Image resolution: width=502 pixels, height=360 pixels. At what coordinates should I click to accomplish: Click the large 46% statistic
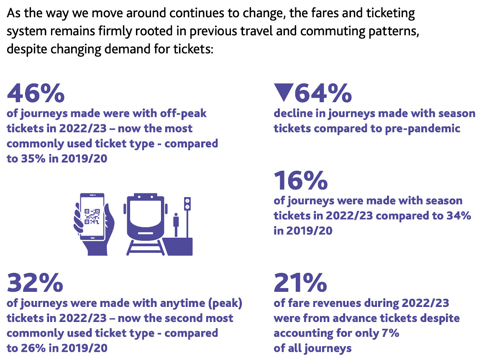click(36, 93)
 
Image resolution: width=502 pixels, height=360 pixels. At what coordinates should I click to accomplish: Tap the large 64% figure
click(323, 93)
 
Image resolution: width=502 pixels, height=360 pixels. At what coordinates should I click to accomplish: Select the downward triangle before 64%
click(283, 93)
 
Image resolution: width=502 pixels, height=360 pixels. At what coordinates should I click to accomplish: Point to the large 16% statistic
click(300, 180)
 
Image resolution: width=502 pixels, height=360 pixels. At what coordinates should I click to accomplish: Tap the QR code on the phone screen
click(92, 216)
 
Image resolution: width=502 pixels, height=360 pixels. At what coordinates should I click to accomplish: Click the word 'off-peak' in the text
click(182, 114)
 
